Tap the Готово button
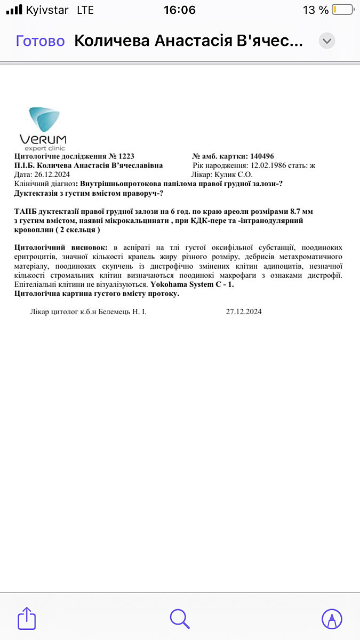(41, 41)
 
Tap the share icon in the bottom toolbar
(27, 619)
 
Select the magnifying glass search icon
(180, 619)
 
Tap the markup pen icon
(332, 619)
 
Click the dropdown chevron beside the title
(327, 41)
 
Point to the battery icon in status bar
(342, 10)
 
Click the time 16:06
(180, 10)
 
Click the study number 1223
(125, 156)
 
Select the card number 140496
(261, 156)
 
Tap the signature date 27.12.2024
(244, 311)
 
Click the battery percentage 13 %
(316, 10)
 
